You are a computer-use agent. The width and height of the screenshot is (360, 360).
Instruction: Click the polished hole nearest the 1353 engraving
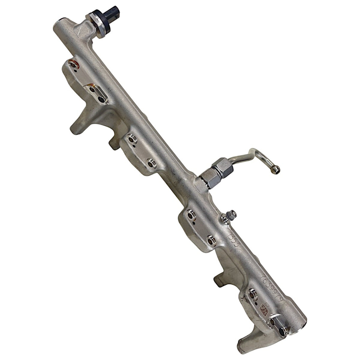point(211,239)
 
